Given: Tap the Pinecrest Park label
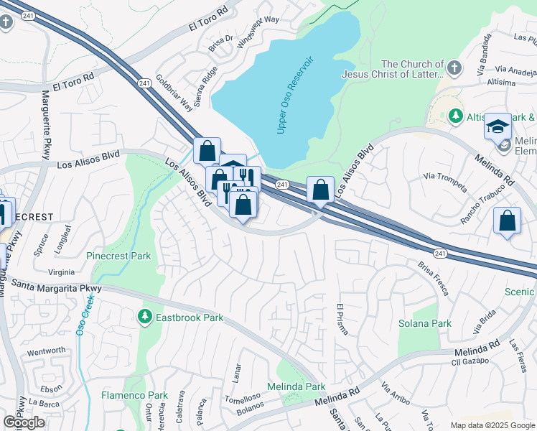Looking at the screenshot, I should tap(118, 256).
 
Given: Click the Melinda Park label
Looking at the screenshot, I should tap(296, 386).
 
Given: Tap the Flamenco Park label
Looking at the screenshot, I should tap(134, 395).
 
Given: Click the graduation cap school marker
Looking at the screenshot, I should tap(498, 126).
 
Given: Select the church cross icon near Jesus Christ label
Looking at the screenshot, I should tap(453, 68).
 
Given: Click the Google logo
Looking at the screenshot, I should tap(24, 422).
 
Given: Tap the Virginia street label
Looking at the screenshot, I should tap(61, 272).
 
